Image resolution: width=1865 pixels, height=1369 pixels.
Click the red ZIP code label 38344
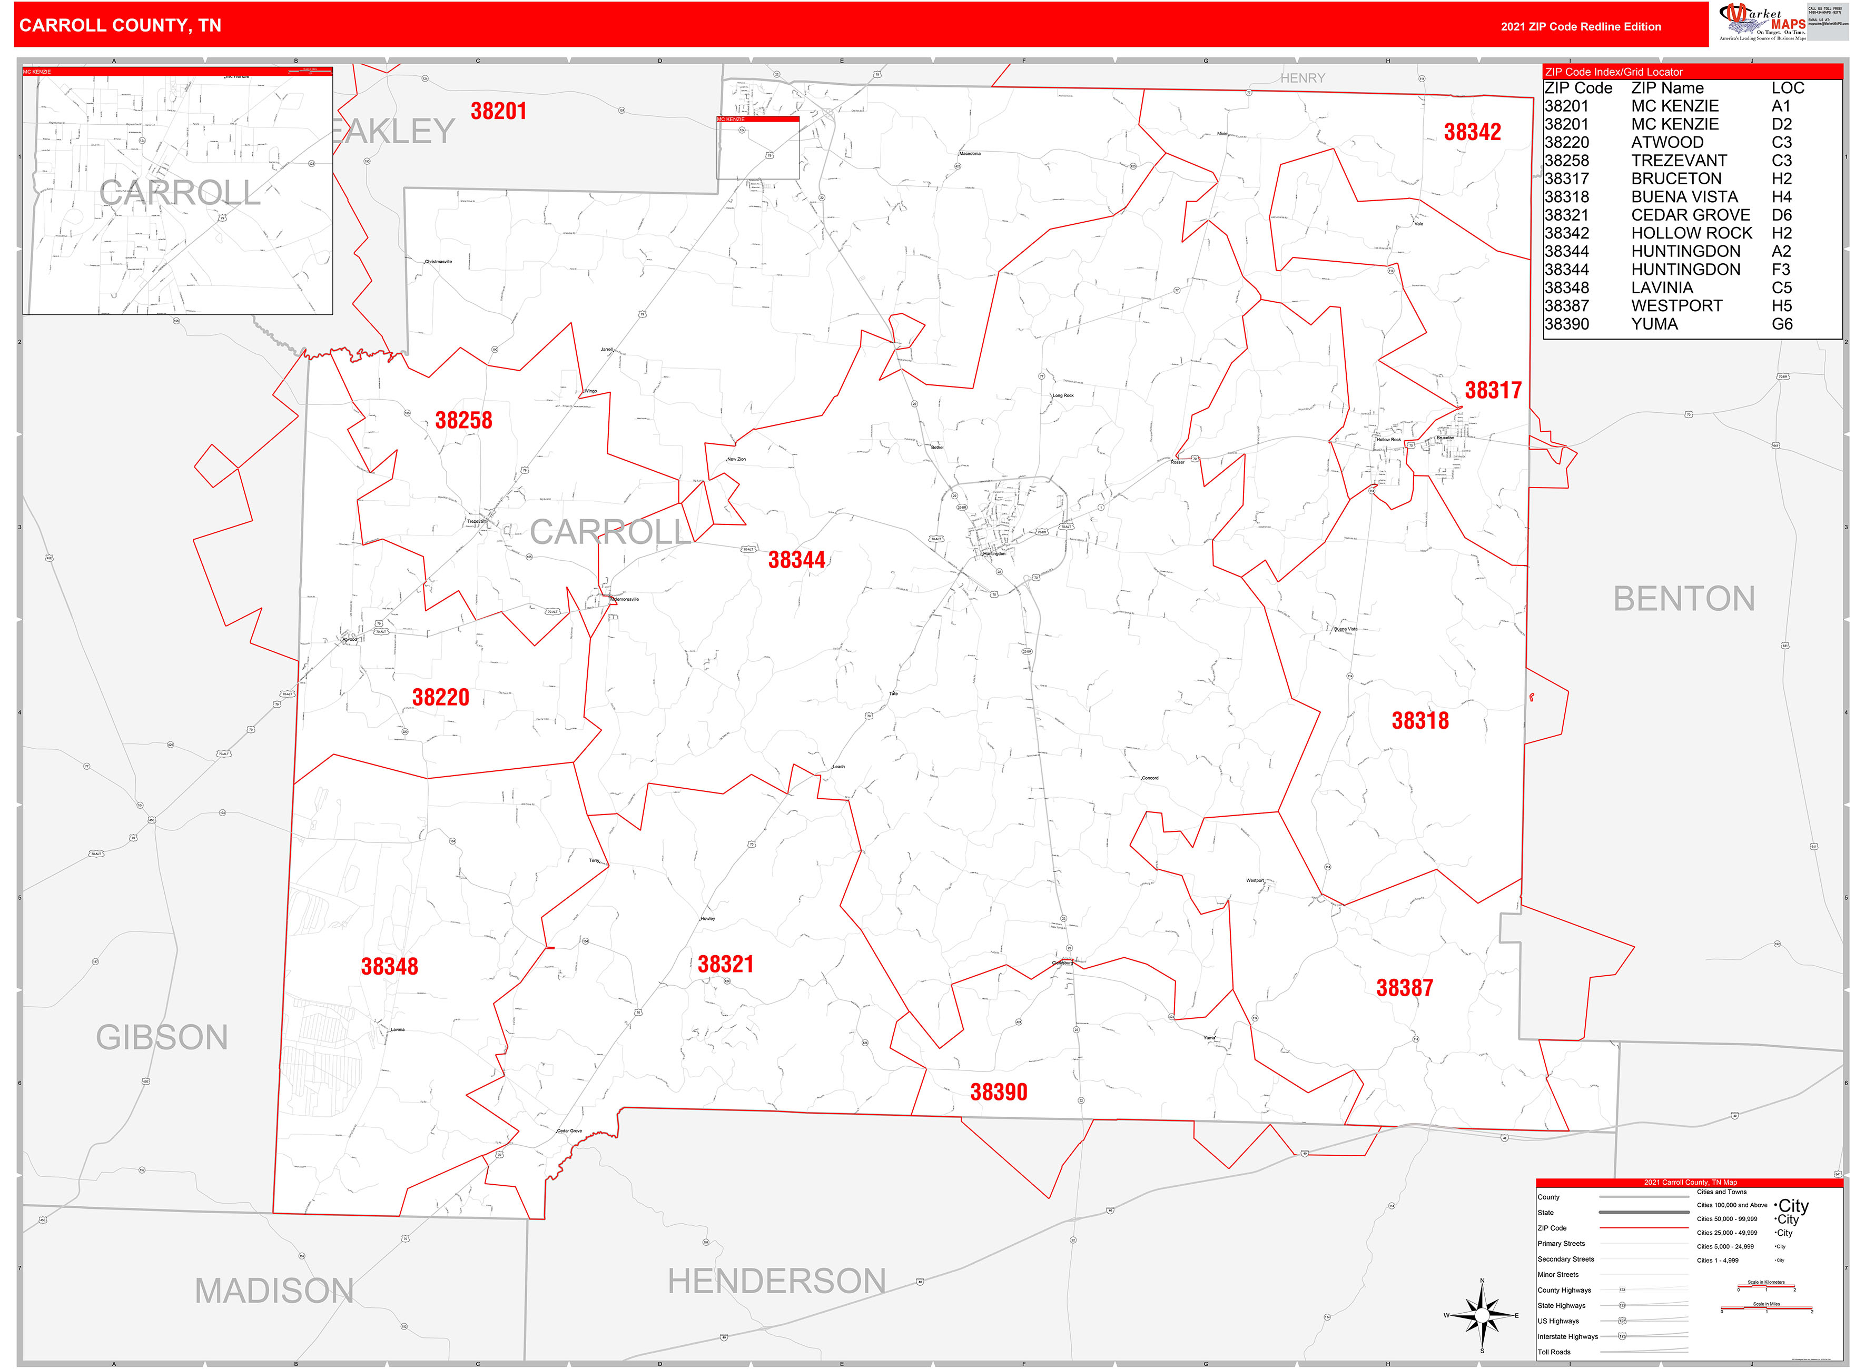point(796,560)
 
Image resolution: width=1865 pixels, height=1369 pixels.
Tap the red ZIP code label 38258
point(463,421)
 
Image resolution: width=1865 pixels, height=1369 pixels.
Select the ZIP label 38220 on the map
point(440,698)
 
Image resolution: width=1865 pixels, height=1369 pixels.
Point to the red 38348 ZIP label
point(389,966)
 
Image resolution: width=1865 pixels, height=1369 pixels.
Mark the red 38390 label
point(998,1092)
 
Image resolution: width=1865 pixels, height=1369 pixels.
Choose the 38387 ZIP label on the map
point(1404,988)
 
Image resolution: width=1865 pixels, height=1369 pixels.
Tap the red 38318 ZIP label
point(1420,721)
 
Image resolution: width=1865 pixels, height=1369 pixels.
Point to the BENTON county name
point(1683,599)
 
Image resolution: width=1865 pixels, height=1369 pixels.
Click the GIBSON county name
point(162,1037)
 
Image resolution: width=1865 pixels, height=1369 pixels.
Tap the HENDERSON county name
point(777,1281)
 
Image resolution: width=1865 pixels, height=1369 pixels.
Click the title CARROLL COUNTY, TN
point(120,26)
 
